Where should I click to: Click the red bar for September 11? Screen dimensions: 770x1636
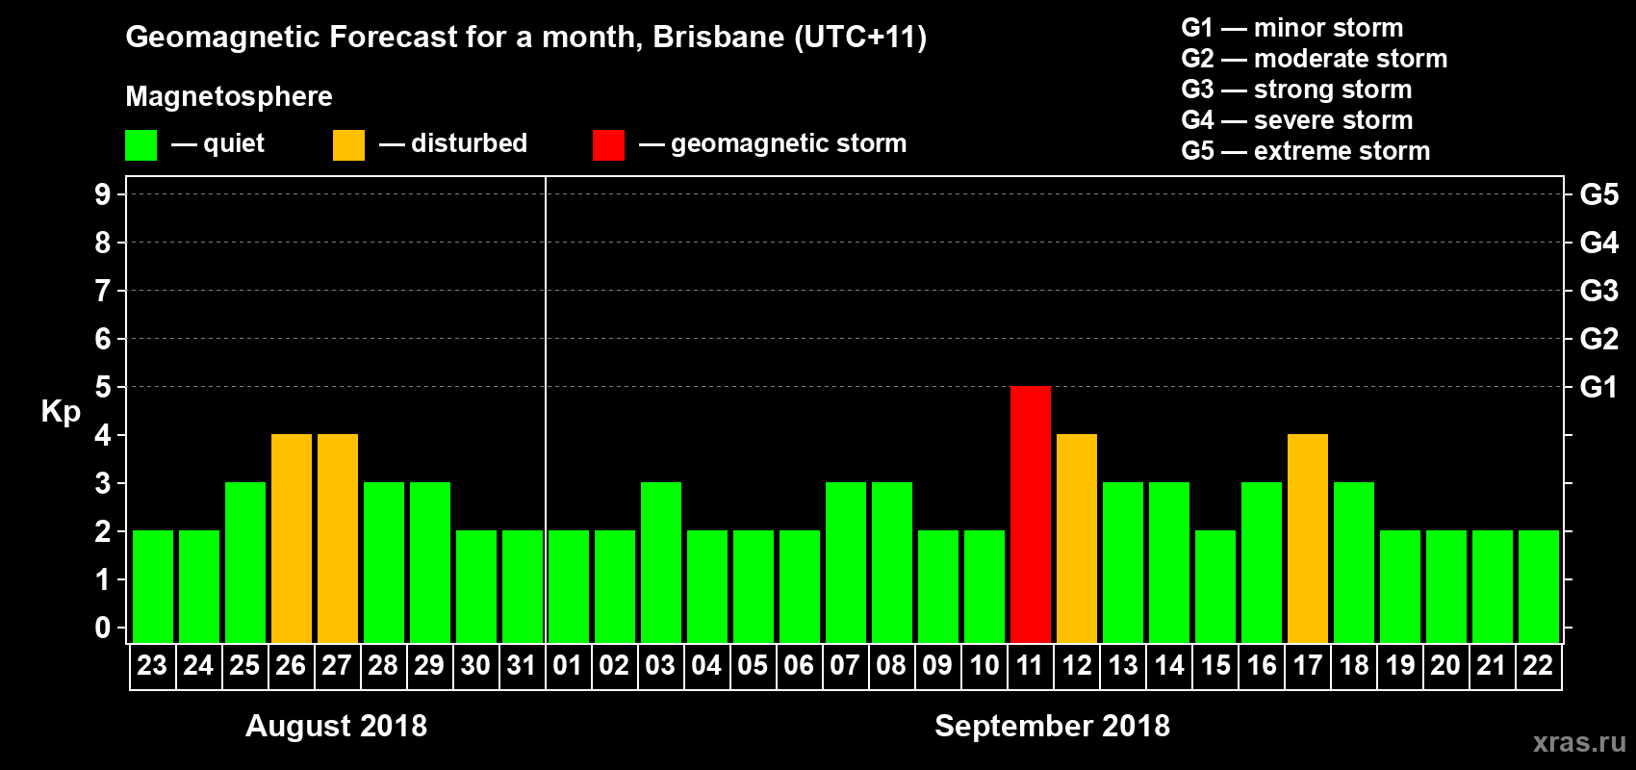(1030, 514)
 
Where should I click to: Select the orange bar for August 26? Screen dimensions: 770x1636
(291, 538)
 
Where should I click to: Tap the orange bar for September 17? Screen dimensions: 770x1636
(1307, 538)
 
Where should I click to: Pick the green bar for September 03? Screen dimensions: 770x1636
(660, 562)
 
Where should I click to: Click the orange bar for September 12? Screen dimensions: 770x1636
(1076, 538)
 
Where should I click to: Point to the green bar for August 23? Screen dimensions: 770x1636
(152, 586)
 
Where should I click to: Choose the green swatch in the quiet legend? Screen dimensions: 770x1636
(141, 145)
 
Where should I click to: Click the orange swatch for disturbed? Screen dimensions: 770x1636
(348, 145)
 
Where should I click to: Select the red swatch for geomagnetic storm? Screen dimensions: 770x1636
(608, 145)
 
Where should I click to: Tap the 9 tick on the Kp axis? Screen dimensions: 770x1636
(103, 194)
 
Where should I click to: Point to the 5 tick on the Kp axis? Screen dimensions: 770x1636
(103, 387)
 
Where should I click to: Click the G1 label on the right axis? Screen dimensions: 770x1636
(1598, 387)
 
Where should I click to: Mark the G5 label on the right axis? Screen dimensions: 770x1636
(1598, 194)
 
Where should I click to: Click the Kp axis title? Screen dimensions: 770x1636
(61, 411)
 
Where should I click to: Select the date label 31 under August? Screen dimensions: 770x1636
(521, 665)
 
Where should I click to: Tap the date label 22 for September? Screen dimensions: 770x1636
(1537, 665)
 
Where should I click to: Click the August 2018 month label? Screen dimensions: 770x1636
(336, 726)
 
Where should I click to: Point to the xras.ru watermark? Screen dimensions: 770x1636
(1579, 742)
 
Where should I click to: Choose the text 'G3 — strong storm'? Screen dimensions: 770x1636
(1296, 90)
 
